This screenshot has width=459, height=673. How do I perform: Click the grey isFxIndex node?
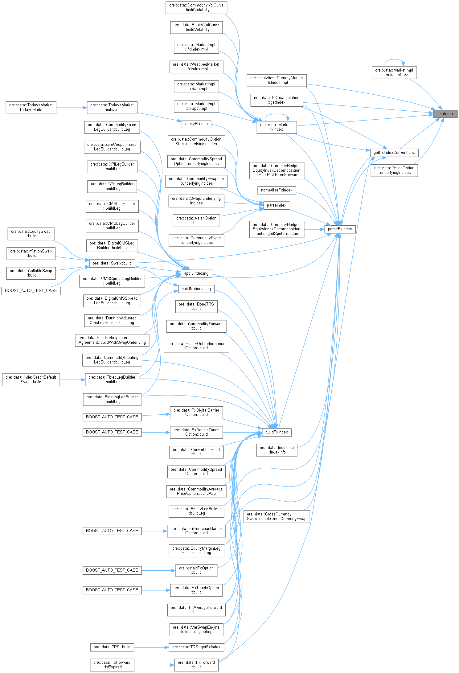point(445,114)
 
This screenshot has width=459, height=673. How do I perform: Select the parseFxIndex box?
point(340,229)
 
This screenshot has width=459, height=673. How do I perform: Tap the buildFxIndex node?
point(276,432)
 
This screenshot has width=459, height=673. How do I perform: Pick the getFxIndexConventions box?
point(394,153)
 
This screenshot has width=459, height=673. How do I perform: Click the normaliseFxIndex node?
point(277,190)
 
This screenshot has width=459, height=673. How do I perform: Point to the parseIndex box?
point(277,205)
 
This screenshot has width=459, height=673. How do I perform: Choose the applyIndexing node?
point(196,273)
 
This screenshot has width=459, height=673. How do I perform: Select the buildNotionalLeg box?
point(196,289)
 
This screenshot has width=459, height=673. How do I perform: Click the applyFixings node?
point(196,124)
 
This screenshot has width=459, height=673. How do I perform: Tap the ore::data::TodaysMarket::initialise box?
point(112,108)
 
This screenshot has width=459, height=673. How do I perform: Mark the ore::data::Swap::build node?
point(112,263)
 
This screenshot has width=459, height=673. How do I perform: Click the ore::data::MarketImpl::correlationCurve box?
point(394,73)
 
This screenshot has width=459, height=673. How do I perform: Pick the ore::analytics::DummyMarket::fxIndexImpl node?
point(277,80)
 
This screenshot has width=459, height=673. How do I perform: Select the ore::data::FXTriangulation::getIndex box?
point(277,100)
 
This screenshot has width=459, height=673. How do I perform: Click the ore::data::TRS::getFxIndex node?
point(196,647)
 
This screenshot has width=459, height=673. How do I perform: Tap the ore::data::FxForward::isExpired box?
point(112,665)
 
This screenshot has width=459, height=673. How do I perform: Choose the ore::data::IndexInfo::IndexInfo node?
point(277,450)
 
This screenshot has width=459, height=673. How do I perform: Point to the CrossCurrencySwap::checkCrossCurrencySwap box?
point(277,517)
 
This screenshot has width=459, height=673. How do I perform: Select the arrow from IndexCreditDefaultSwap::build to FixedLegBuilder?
point(72,380)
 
